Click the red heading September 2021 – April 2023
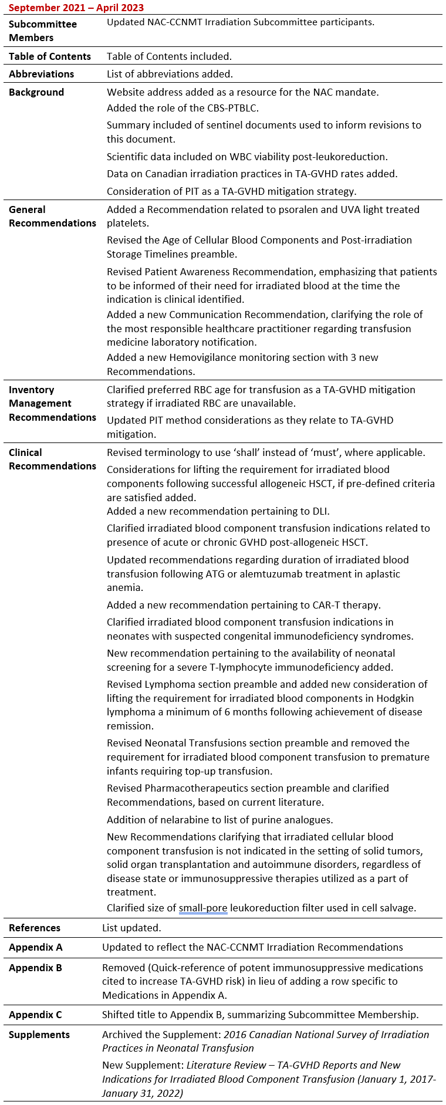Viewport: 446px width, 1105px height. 76,8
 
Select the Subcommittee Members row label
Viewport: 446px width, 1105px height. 43,31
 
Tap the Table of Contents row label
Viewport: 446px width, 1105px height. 50,56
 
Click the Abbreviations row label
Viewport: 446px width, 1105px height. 42,74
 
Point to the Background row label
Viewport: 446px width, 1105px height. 36,92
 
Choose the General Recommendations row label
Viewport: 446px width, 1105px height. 52,217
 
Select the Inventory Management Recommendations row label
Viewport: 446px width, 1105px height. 52,403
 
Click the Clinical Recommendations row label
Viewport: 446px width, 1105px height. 52,459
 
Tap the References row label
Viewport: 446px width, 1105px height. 35,928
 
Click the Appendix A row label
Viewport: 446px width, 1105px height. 36,947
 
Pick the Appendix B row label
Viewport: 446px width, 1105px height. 35,968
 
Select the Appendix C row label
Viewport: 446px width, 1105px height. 35,1015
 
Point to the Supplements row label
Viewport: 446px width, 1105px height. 39,1035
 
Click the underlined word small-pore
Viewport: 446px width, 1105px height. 202,908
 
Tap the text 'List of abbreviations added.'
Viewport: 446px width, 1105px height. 170,74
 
